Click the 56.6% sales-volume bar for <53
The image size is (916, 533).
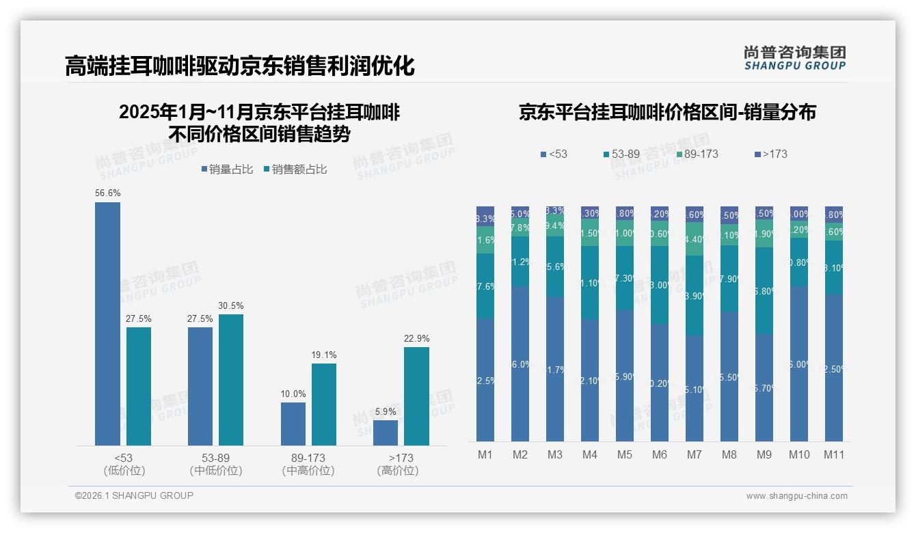pos(107,324)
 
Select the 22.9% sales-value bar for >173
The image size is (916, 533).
pos(416,396)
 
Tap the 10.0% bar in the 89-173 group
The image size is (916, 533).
pos(293,424)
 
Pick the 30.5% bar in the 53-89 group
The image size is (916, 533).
pos(231,380)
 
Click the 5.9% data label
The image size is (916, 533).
pos(385,411)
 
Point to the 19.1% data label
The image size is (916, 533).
pos(324,355)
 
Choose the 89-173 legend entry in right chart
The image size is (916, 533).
pos(697,154)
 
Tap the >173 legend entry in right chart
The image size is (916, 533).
pos(771,154)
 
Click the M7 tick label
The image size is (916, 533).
pos(695,454)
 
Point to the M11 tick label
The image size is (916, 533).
pos(833,454)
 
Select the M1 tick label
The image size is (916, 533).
pos(485,454)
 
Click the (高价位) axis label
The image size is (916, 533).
pos(397,471)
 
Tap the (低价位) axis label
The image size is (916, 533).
pos(124,471)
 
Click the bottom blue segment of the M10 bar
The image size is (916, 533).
pos(798,364)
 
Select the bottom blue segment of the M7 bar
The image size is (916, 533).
pos(695,388)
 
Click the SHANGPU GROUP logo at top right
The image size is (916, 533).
pos(794,58)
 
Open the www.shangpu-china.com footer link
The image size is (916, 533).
pos(796,496)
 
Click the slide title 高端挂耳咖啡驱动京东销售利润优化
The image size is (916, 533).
pos(240,66)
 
